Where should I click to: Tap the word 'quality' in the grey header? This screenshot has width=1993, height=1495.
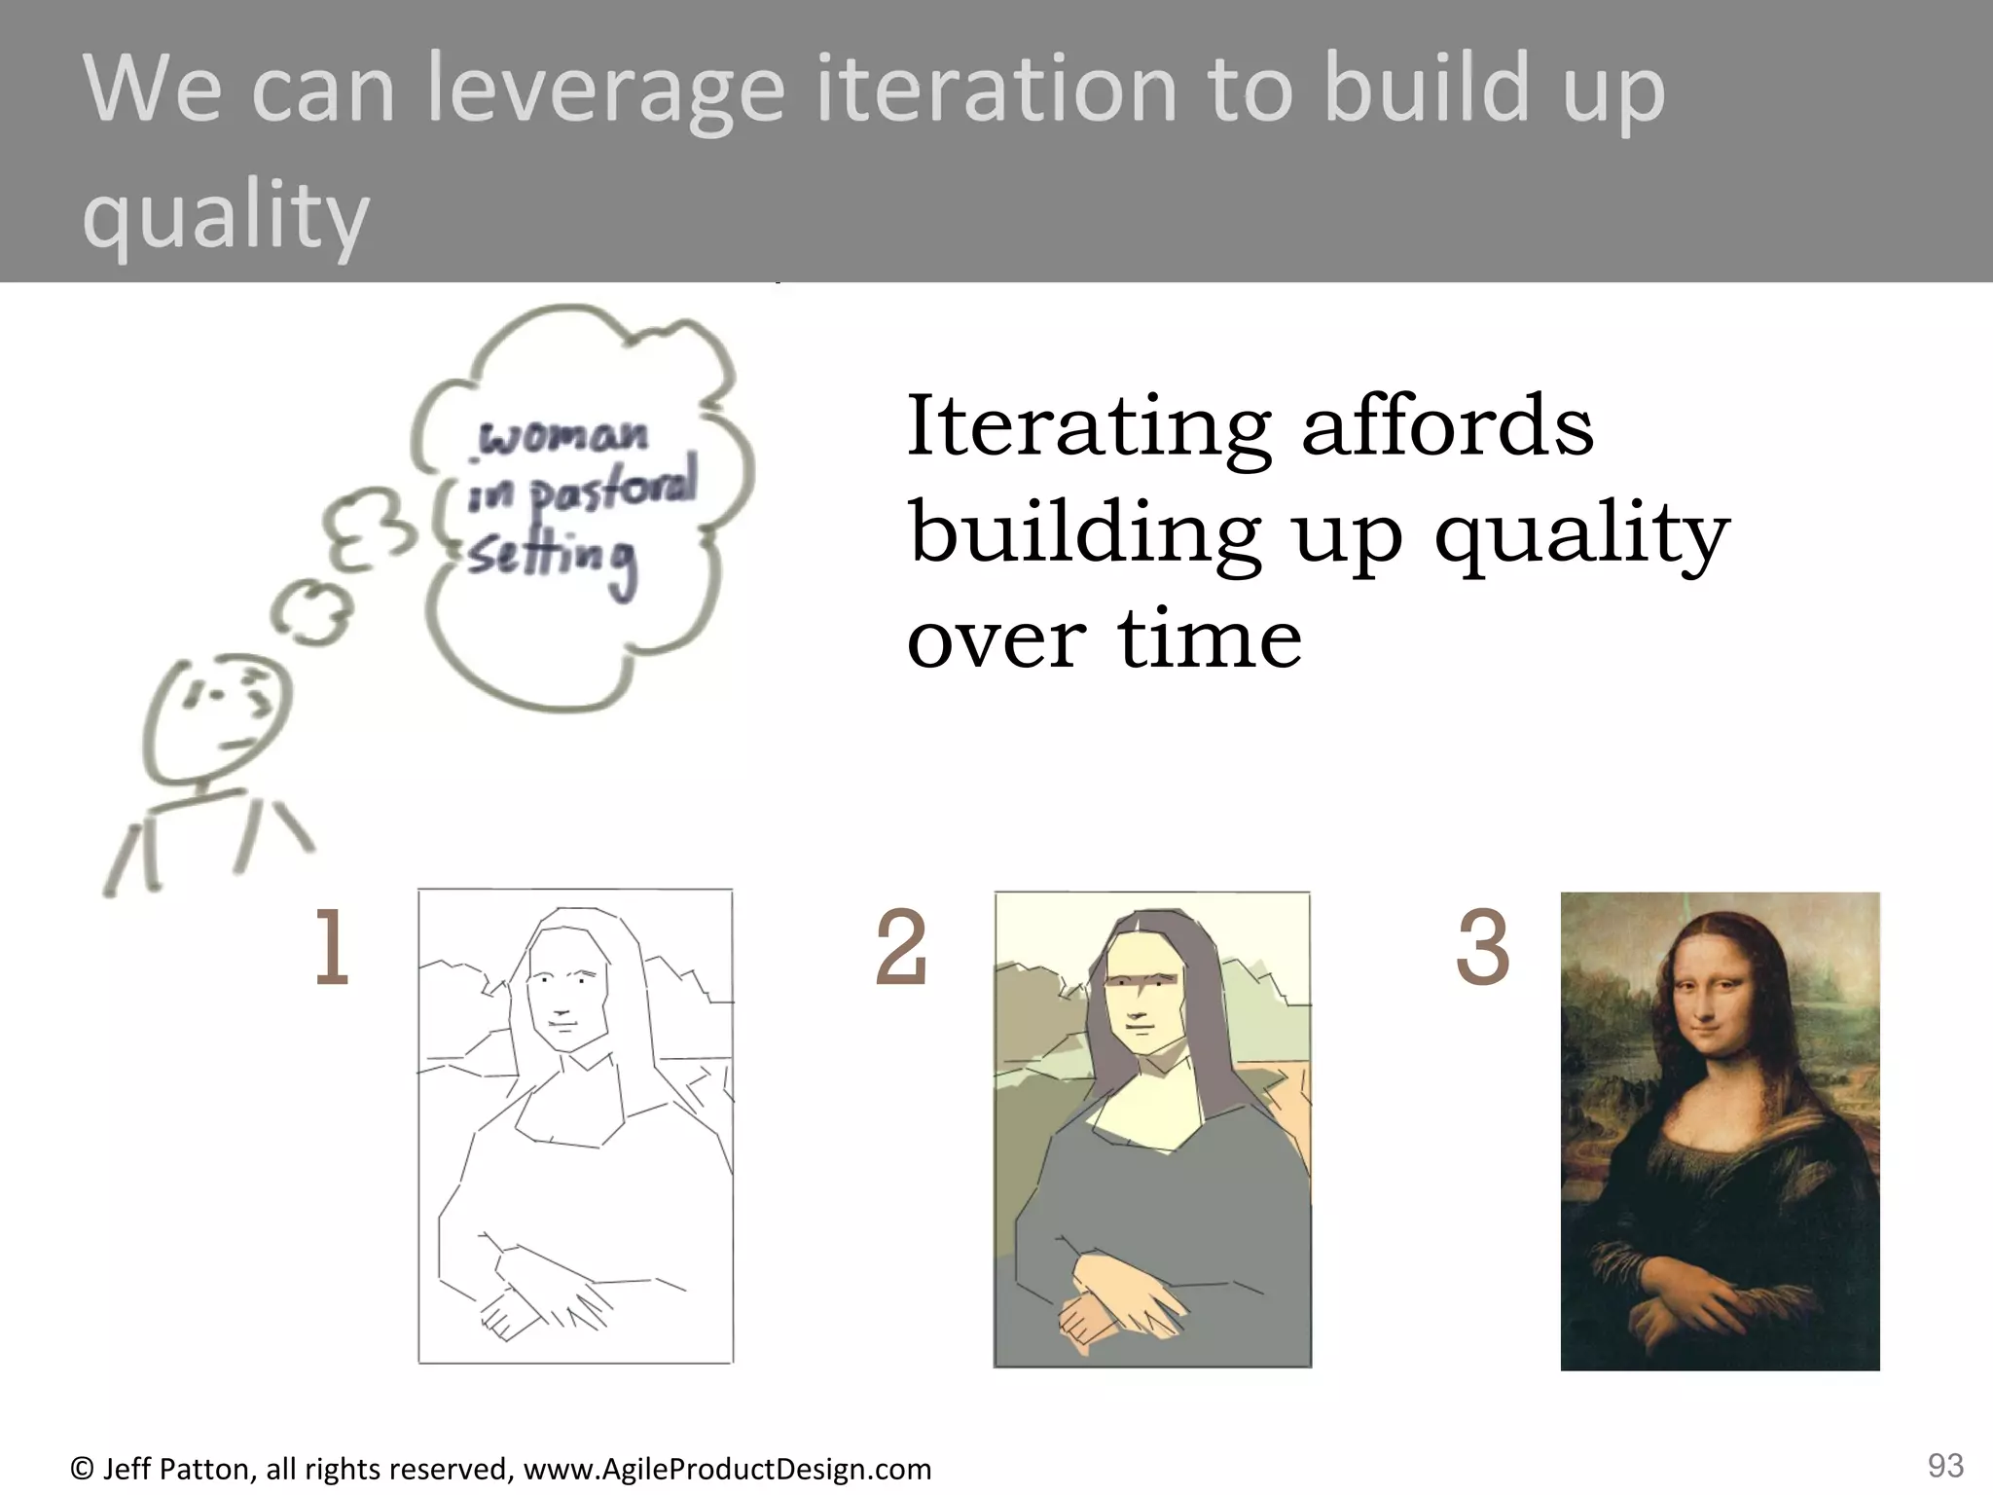(x=226, y=216)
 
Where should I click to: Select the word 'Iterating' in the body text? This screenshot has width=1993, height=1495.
(x=1088, y=428)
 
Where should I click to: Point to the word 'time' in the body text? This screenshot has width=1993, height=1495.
(x=1209, y=639)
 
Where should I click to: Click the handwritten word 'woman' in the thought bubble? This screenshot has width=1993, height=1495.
(x=562, y=437)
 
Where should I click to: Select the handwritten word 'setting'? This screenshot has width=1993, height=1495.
(x=552, y=559)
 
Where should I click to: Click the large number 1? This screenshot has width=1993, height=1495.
(x=331, y=949)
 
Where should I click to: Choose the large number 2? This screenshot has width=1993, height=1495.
(x=901, y=949)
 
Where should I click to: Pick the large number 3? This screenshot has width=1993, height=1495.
(x=1481, y=949)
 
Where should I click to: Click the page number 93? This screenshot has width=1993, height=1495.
(x=1944, y=1465)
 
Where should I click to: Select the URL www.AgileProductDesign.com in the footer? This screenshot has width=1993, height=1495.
(x=727, y=1469)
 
